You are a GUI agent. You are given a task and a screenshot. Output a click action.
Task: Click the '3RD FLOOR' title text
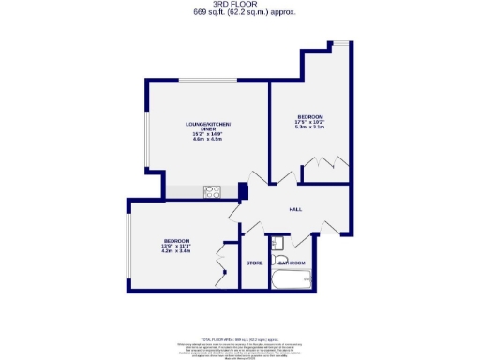(239, 5)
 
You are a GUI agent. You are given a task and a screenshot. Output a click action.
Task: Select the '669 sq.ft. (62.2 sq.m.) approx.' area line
(239, 13)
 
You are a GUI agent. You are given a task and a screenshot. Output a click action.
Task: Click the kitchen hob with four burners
(212, 192)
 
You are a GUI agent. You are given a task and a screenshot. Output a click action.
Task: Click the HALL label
(294, 209)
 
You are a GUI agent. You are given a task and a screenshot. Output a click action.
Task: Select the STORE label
(253, 262)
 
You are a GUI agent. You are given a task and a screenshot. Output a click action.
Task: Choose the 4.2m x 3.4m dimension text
(176, 250)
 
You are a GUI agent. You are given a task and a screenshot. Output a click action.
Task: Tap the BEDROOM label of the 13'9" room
(176, 239)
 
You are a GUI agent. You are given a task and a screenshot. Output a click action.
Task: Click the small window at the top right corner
(343, 43)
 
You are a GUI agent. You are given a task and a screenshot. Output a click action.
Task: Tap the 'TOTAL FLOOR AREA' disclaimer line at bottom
(239, 337)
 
